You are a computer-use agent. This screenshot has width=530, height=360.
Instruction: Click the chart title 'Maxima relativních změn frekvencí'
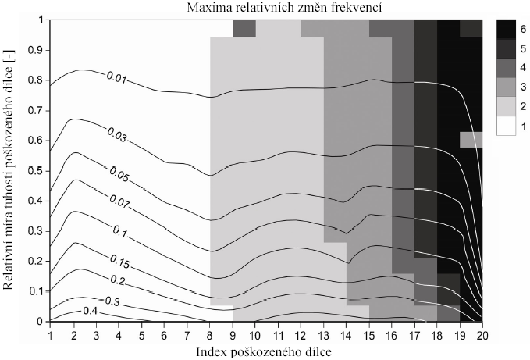pyautogui.click(x=266, y=7)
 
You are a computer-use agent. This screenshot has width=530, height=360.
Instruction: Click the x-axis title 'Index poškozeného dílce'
pyautogui.click(x=266, y=351)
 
